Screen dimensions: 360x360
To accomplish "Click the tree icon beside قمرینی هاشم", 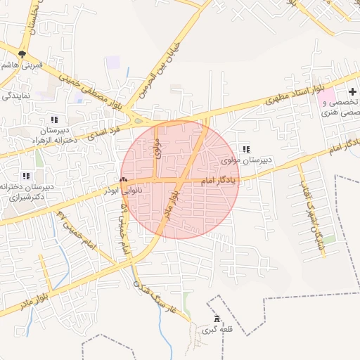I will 22,53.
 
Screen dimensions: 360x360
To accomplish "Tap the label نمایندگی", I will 15,95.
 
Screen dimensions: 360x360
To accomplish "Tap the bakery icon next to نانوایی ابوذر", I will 123,180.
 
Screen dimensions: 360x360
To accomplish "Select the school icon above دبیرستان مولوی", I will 245,149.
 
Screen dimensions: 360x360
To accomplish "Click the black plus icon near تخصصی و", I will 352,93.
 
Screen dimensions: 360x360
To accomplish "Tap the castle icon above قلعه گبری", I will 216,319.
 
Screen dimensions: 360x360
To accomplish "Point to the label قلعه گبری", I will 215,330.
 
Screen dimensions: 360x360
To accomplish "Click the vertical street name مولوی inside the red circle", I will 157,148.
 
